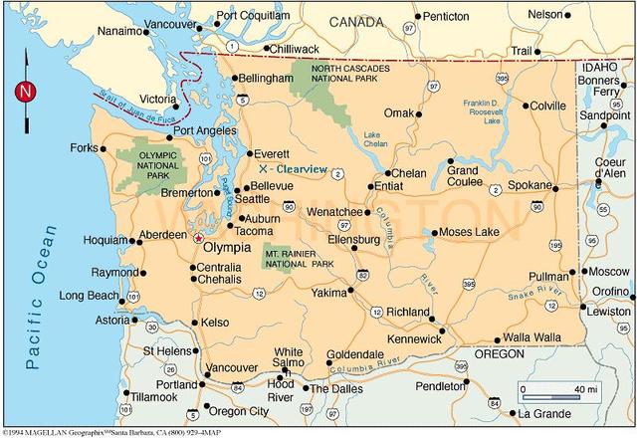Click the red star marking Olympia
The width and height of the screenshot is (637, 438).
point(198,239)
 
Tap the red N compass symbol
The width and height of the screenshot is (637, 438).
point(24,92)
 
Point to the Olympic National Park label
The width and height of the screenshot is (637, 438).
point(144,166)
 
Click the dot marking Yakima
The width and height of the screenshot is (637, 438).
point(349,292)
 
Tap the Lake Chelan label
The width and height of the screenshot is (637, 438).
point(375,140)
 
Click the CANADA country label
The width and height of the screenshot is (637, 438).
point(356,21)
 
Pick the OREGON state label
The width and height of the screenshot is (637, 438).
point(499,354)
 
